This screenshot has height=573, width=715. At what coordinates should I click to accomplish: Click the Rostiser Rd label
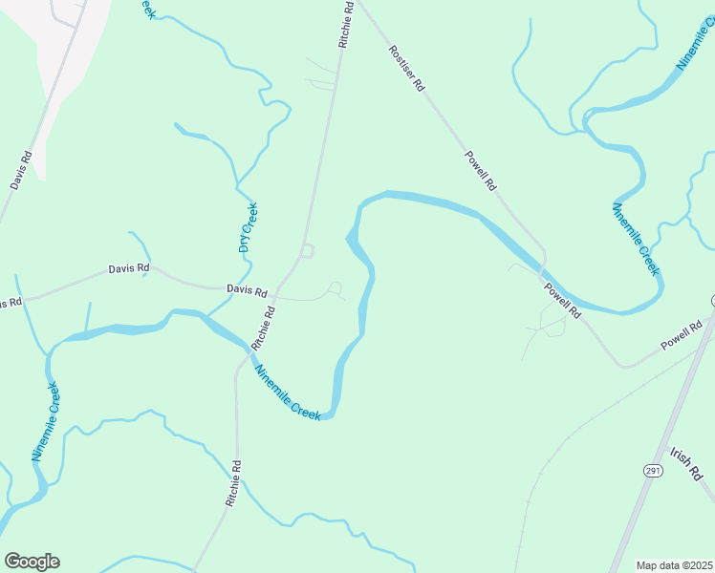pos(406,68)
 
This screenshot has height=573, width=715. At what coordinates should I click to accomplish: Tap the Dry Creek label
pos(248,227)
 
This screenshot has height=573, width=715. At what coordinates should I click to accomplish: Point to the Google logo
pos(32,562)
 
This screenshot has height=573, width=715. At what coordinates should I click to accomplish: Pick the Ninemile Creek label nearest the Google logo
pos(46,421)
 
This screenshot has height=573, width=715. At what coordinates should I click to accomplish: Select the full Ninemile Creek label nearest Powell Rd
pos(635,239)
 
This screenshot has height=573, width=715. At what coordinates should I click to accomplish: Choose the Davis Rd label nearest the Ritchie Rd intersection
pos(246,288)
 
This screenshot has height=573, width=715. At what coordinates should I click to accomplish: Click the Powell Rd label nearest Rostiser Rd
pos(482,169)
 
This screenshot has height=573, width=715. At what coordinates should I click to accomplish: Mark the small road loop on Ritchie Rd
pos(307,251)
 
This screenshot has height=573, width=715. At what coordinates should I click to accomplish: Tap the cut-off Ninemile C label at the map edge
pos(695,46)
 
